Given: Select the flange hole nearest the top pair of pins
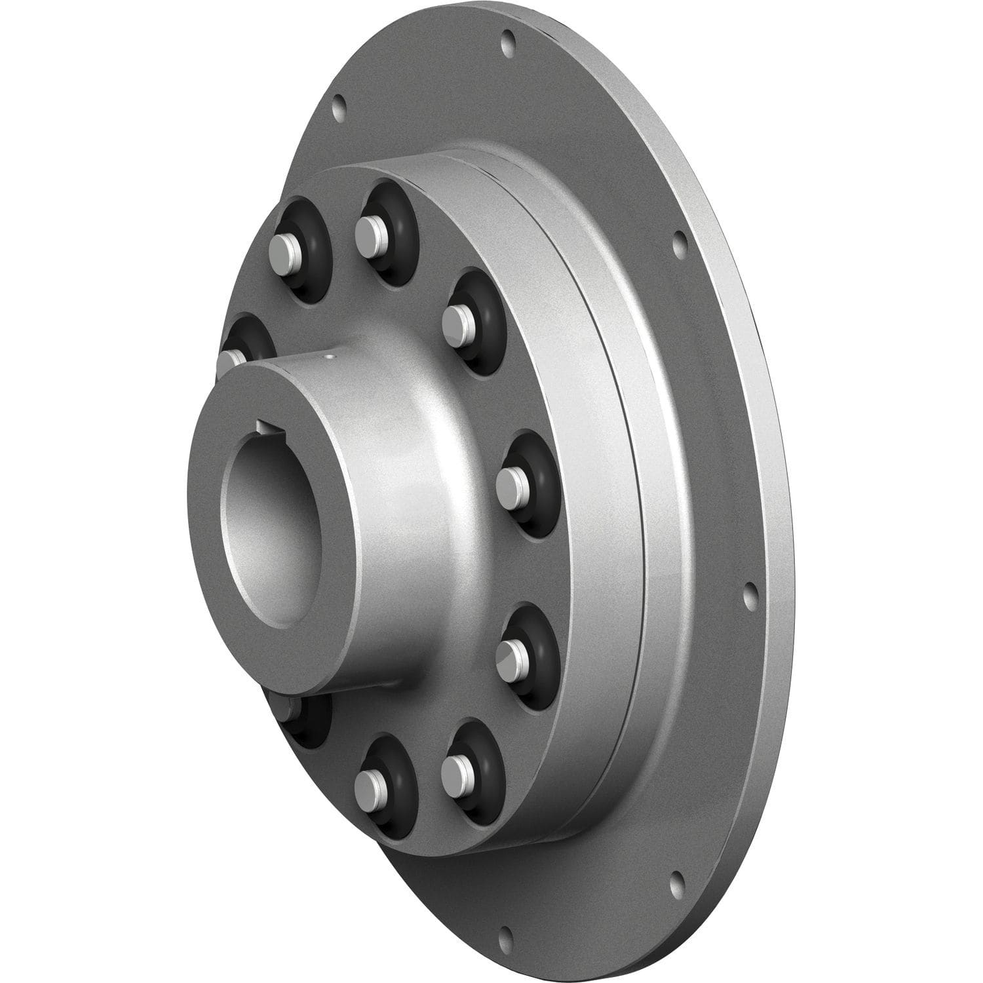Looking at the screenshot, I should coord(339,104).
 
